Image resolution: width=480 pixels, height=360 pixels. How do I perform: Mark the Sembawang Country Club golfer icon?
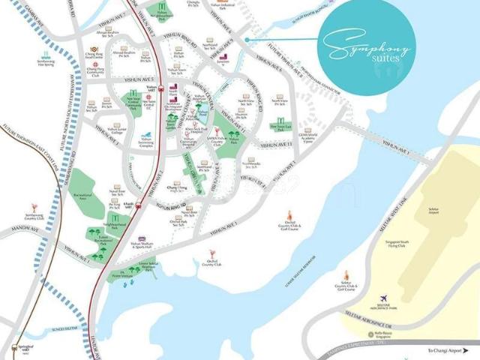point(33,206)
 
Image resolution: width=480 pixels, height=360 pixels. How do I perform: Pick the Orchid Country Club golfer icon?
point(213,253)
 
